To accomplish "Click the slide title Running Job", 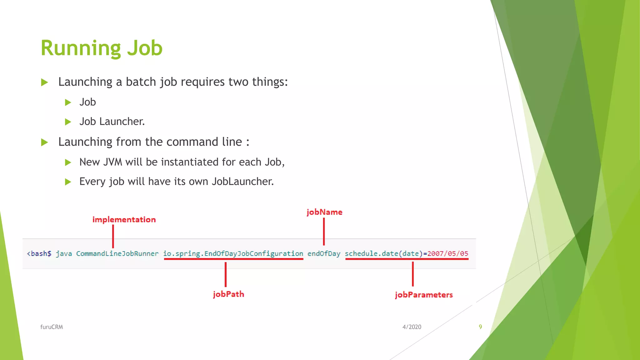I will click(x=102, y=48).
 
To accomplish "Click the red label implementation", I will click(x=124, y=220).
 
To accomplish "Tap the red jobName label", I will click(x=324, y=212).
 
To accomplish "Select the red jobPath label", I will click(x=228, y=294).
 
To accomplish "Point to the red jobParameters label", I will click(x=424, y=295).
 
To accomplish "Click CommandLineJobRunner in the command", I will click(x=117, y=253).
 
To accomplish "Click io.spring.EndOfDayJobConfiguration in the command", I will click(x=233, y=253).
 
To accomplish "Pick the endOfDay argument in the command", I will click(x=324, y=253).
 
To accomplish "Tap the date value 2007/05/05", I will click(x=448, y=253).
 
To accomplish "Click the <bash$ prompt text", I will click(x=39, y=253).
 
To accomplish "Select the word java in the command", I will click(x=64, y=253).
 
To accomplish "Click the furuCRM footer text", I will click(x=52, y=327).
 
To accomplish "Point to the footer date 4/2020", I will click(x=412, y=327).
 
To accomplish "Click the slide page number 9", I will click(x=480, y=327).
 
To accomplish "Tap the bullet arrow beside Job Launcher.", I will click(x=68, y=122).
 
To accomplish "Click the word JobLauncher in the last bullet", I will click(x=242, y=182).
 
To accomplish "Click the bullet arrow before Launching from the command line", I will click(x=45, y=142).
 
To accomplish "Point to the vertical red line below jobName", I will click(x=324, y=232).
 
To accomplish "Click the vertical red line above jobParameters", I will click(x=413, y=274).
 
